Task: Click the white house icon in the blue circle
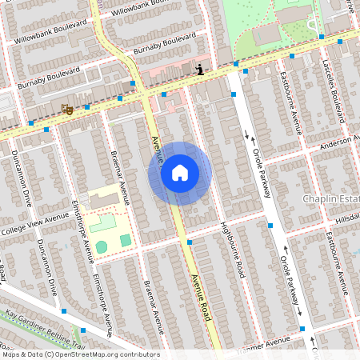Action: tap(180, 173)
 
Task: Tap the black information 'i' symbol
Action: tap(199, 70)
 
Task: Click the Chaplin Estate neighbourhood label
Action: tap(330, 198)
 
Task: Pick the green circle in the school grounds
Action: tap(102, 246)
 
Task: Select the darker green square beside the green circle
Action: tap(126, 240)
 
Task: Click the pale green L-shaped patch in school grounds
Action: tap(100, 222)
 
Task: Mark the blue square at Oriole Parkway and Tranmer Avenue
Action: tap(302, 329)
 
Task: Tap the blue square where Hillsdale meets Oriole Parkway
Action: tap(270, 227)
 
